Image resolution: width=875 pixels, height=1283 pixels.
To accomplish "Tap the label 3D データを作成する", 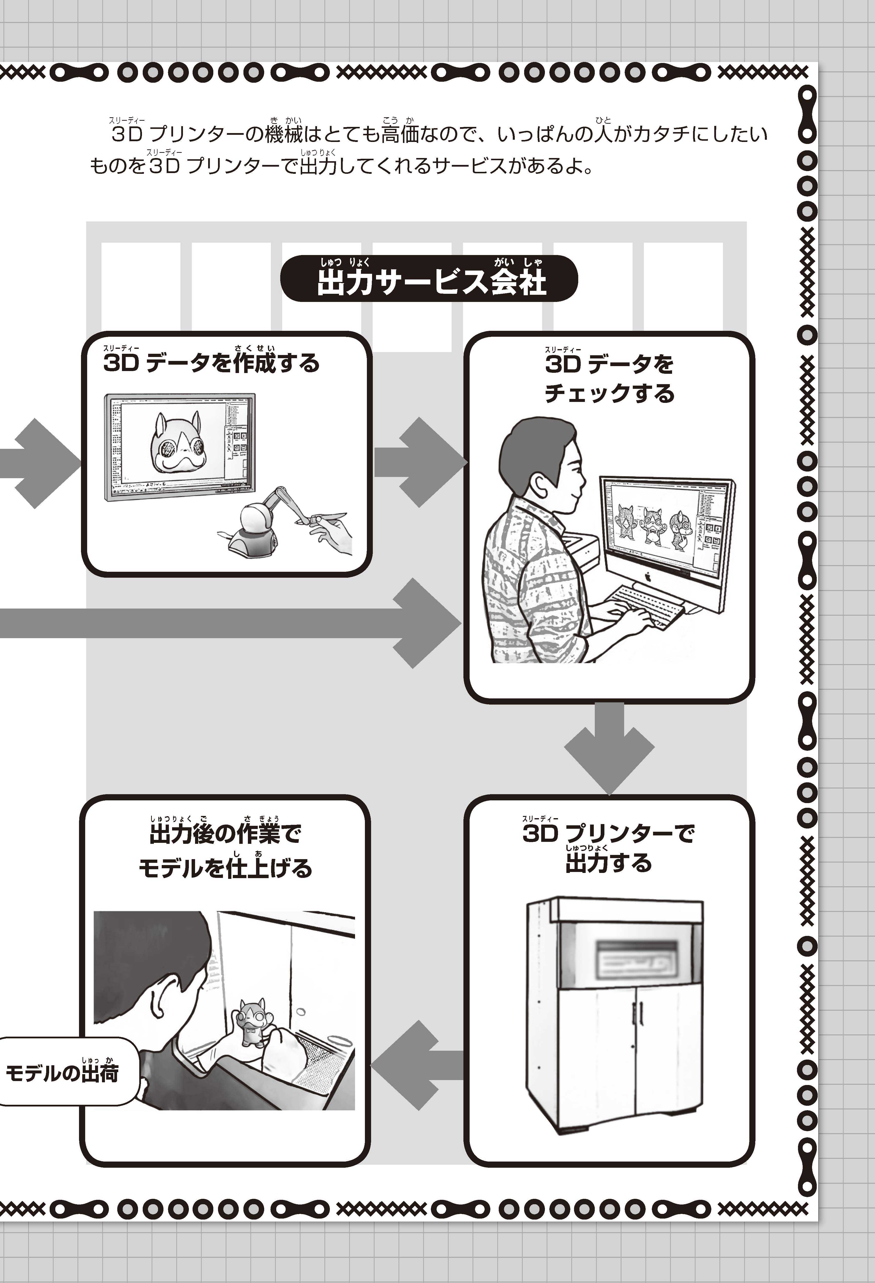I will (211, 363).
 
